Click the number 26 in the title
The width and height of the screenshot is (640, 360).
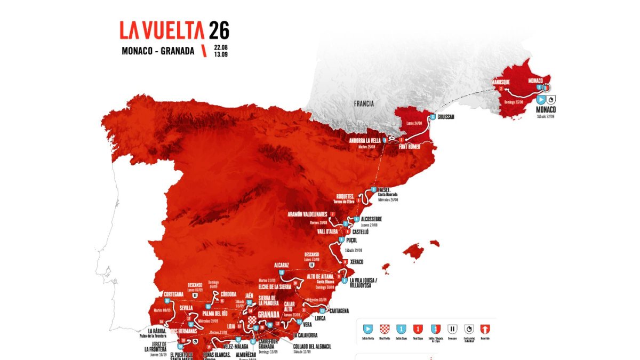click(219, 31)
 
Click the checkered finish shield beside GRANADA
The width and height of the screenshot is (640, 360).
click(251, 320)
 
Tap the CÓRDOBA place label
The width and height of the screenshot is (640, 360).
click(228, 294)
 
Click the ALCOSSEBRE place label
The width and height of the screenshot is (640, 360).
click(371, 219)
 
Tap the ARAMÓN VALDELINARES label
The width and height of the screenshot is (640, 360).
click(308, 214)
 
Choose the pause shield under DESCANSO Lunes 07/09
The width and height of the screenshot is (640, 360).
click(195, 294)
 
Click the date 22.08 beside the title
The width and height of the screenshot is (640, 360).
click(221, 47)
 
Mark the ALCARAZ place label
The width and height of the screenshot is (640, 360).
click(281, 265)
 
